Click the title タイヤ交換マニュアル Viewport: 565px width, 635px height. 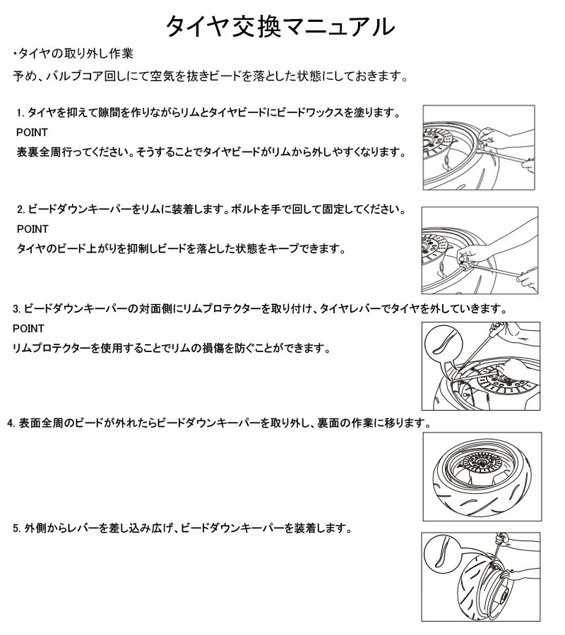pos(280,27)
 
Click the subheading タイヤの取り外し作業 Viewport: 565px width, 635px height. pos(76,54)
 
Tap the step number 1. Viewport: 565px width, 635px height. pos(20,113)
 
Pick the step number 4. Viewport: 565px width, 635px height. pos(11,423)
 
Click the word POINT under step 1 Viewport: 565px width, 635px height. pos(32,133)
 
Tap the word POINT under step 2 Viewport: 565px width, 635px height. pos(32,229)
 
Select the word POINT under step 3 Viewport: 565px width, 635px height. pos(28,328)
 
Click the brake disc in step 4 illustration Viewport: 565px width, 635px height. pos(482,462)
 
